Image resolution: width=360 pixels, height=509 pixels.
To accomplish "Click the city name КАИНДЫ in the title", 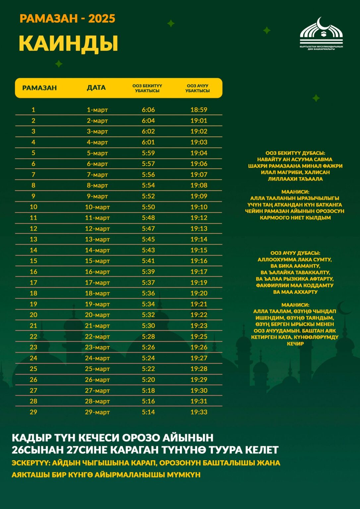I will (x=68, y=43).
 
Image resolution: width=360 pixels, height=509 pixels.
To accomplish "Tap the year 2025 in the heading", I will (x=102, y=19).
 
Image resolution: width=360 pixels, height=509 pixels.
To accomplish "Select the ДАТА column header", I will (x=96, y=88).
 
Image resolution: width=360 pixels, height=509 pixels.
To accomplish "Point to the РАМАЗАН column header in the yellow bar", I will (x=39, y=88).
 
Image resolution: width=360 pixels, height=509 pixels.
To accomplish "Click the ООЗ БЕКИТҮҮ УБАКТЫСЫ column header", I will (x=147, y=88).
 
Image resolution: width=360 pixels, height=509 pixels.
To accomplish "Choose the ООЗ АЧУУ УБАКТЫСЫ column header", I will (x=198, y=88).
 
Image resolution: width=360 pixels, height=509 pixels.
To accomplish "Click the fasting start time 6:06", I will (x=148, y=110).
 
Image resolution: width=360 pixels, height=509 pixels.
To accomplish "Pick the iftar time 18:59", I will (x=199, y=110).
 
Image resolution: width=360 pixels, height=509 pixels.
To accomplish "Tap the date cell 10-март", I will (x=97, y=207).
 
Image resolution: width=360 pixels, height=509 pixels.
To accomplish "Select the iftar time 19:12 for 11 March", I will (x=199, y=218).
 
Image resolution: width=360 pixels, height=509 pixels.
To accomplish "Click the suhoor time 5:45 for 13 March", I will (x=148, y=239).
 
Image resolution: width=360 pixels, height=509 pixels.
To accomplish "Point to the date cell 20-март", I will (x=97, y=315).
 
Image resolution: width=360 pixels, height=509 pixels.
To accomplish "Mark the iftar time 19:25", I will (x=199, y=336).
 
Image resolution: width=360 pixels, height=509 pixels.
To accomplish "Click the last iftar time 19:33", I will (x=199, y=412).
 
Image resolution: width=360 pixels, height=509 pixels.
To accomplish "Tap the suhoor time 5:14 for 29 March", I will (x=148, y=412).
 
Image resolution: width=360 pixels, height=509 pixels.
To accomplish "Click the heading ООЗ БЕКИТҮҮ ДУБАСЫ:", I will (x=295, y=153).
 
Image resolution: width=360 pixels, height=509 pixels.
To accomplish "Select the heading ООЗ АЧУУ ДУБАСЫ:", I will (x=295, y=253).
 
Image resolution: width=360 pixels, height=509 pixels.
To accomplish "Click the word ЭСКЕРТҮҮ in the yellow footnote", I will (x=30, y=463).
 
